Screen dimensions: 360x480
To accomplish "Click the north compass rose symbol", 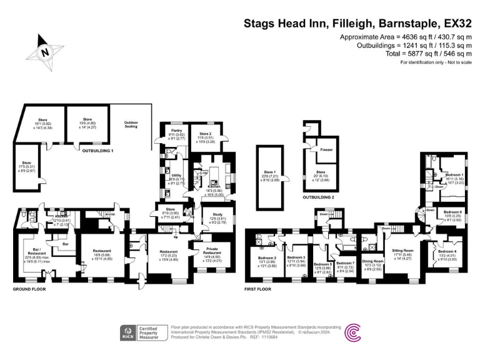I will pyautogui.click(x=43, y=53).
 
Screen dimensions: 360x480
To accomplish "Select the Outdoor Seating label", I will pyautogui.click(x=131, y=124).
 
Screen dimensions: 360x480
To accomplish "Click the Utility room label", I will pyautogui.click(x=177, y=176).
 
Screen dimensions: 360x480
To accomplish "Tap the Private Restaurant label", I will pyautogui.click(x=214, y=249).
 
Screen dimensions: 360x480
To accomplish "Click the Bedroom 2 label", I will pyautogui.click(x=267, y=257).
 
